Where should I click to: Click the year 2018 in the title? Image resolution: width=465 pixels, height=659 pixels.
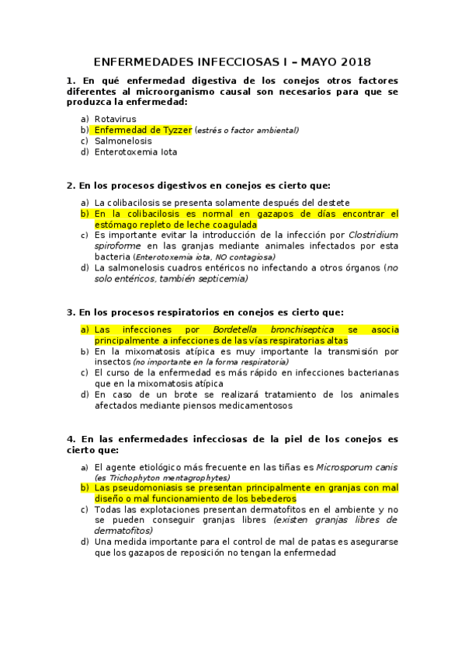(354, 61)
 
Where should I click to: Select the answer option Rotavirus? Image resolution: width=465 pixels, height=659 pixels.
(115, 119)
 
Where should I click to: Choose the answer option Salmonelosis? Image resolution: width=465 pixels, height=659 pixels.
(123, 141)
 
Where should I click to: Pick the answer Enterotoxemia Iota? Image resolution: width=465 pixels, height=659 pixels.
(136, 152)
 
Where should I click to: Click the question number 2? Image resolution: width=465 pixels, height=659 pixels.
(71, 186)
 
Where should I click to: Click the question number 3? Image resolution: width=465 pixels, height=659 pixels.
(71, 312)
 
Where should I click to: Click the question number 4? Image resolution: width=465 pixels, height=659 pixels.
(71, 438)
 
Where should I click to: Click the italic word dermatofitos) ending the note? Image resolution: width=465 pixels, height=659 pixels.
(124, 530)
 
